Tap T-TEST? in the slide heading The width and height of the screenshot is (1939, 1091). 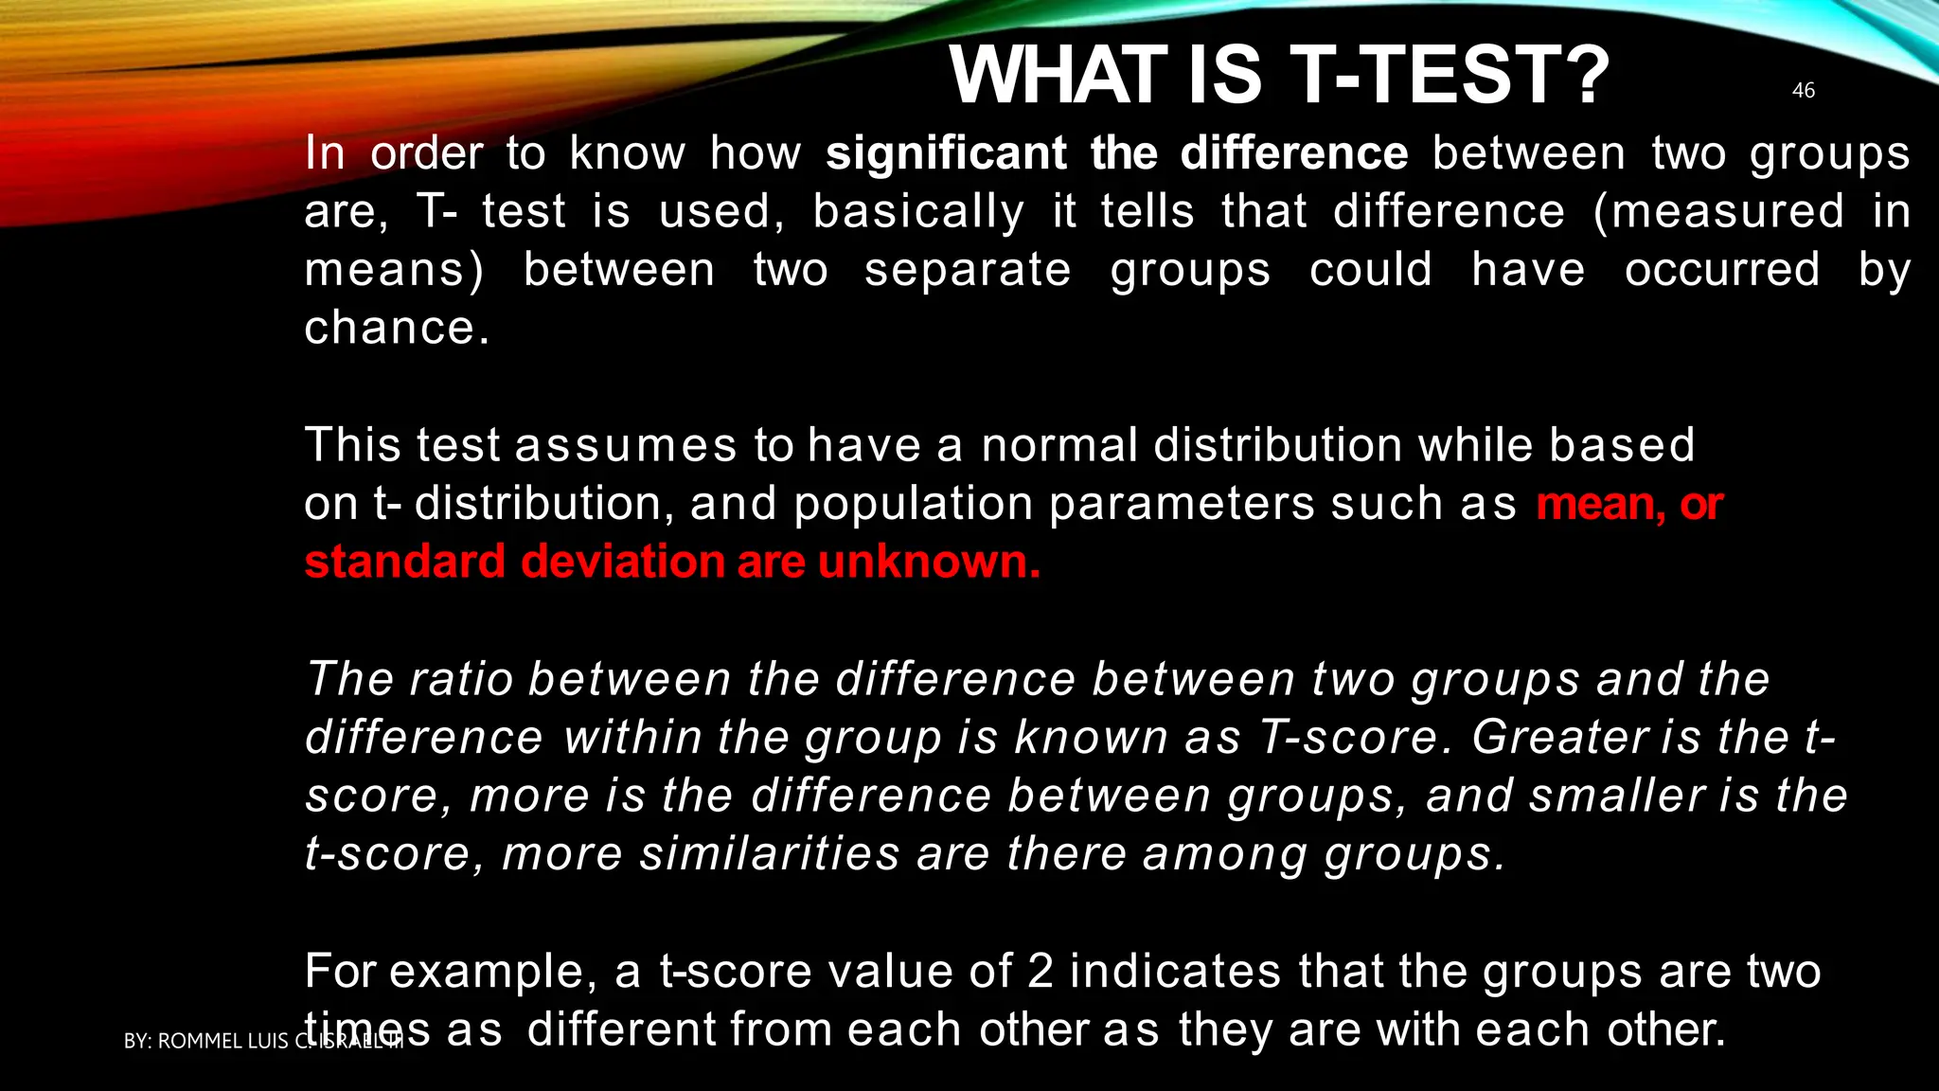pos(1449,76)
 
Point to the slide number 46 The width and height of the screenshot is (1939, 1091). pos(1803,91)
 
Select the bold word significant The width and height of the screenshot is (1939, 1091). pos(945,153)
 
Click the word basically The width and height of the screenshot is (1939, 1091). pos(918,212)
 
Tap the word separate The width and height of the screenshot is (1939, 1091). pos(968,270)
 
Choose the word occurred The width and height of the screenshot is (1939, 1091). pos(1721,270)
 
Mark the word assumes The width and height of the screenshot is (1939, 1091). pos(625,445)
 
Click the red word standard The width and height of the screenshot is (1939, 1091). pos(404,562)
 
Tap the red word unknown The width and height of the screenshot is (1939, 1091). pos(929,562)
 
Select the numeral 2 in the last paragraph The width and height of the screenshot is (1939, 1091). pos(1040,972)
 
